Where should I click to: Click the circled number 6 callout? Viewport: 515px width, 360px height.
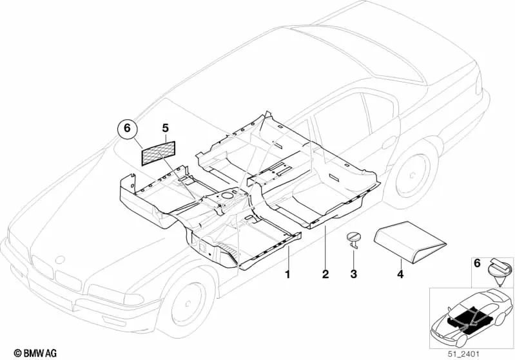click(127, 129)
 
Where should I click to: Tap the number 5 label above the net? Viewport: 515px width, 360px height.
click(165, 128)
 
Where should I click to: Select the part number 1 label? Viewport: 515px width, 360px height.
click(288, 275)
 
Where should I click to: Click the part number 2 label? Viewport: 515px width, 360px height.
click(326, 275)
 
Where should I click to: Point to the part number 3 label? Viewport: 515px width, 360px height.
click(353, 275)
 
